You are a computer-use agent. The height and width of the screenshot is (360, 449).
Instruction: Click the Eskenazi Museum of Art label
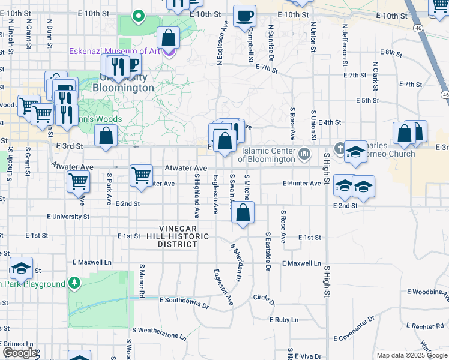(x=114, y=51)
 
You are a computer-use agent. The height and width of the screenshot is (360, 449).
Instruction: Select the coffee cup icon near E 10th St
(x=244, y=16)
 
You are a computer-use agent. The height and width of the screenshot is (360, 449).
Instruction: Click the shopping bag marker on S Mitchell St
(x=243, y=214)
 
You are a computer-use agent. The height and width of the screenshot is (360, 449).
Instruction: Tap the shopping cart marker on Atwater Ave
(x=141, y=176)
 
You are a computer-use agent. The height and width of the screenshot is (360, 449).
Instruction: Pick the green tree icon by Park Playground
(x=74, y=282)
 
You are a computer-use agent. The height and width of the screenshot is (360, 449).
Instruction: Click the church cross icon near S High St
(x=339, y=148)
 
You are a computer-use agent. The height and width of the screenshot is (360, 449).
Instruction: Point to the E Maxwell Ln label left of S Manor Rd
(x=92, y=262)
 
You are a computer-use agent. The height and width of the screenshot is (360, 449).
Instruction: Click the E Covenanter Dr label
(x=354, y=327)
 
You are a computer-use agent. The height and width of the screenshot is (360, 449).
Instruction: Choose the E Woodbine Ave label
(x=427, y=292)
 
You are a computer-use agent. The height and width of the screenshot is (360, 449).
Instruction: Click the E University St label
(x=68, y=216)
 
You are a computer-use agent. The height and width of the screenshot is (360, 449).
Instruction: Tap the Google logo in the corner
(x=20, y=353)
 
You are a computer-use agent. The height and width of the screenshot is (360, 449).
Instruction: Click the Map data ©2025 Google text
(x=412, y=355)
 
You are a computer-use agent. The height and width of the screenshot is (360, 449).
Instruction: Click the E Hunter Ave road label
(x=301, y=183)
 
